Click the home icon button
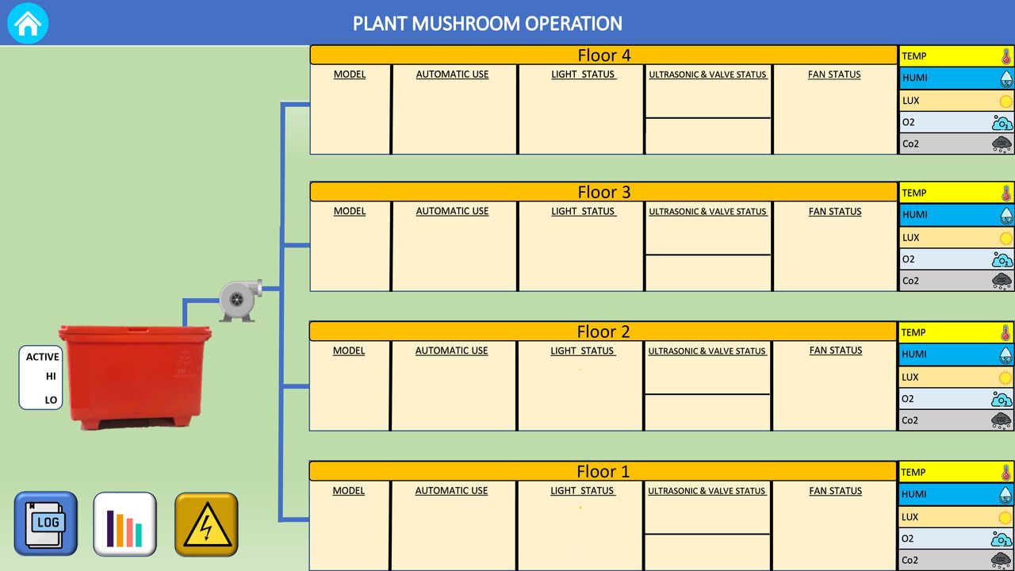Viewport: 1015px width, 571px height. tap(28, 23)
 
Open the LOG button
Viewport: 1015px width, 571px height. tap(46, 524)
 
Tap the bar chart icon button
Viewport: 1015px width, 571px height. tap(125, 524)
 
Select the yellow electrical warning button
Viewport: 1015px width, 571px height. tap(207, 524)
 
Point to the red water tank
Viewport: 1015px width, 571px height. tap(135, 377)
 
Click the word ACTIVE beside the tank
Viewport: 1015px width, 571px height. tap(43, 357)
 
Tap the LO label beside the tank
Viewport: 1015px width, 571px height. tap(51, 400)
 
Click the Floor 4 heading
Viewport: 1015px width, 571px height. tap(604, 56)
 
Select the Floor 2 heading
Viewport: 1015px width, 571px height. tap(603, 331)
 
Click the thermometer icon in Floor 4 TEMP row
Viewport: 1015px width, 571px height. tap(1006, 56)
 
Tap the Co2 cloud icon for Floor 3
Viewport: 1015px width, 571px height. tap(1002, 281)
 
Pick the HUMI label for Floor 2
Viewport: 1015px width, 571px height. tap(914, 354)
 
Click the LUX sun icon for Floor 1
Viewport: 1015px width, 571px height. tap(1005, 518)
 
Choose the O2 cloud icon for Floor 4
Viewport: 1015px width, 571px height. tap(1002, 123)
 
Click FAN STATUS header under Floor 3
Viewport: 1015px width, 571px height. tap(835, 212)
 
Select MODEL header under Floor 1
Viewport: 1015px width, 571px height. tap(348, 491)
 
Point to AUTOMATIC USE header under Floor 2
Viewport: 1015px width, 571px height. tap(451, 351)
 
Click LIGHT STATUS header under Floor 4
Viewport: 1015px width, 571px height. tap(583, 75)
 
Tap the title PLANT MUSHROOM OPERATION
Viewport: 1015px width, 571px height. tap(487, 24)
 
